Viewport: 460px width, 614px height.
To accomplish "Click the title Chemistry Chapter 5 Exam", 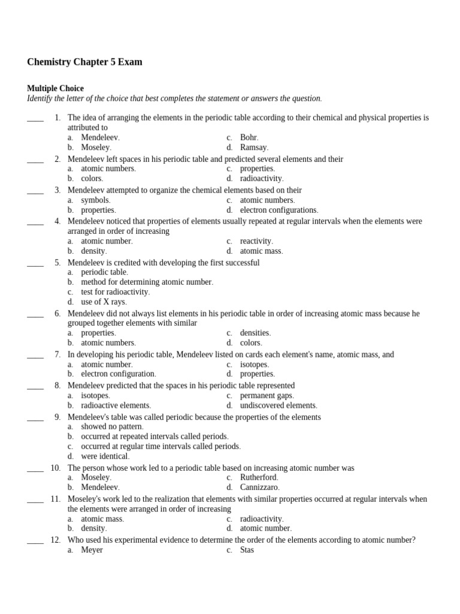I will click(84, 62).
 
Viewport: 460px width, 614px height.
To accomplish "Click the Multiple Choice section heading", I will click(55, 88).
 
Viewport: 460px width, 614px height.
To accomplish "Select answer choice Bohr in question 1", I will click(249, 137).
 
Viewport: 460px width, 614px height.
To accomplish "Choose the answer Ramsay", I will click(254, 147).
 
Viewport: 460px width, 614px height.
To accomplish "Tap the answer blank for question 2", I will click(35, 159).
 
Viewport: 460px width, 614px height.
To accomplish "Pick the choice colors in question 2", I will click(92, 178).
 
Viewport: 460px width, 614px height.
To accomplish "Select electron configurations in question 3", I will click(279, 210).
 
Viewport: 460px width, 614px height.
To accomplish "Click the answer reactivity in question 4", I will click(256, 241).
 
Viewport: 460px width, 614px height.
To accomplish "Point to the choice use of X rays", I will click(104, 302).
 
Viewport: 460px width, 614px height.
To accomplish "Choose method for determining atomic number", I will click(147, 282).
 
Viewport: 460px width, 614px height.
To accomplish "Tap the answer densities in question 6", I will click(255, 333).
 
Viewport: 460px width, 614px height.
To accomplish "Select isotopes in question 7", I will click(254, 364).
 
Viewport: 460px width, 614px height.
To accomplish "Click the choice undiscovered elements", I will click(278, 405).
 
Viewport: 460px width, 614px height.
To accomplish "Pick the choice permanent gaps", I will click(267, 396).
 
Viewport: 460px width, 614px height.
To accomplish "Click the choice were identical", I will click(105, 456).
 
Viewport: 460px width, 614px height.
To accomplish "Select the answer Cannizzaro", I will click(259, 487).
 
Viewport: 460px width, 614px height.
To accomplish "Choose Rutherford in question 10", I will click(259, 477).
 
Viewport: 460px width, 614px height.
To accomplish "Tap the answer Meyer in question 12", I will click(92, 550).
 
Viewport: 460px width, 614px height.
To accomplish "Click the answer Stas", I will click(247, 550).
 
